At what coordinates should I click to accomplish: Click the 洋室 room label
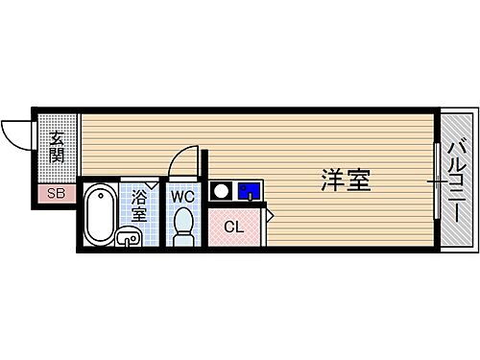(x=346, y=180)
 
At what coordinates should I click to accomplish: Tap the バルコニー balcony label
(x=457, y=180)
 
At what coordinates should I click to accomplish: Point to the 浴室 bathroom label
(x=139, y=205)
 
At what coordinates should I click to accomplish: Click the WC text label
(x=183, y=196)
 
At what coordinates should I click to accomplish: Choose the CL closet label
(x=233, y=227)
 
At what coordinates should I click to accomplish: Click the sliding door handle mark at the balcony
(x=437, y=180)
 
